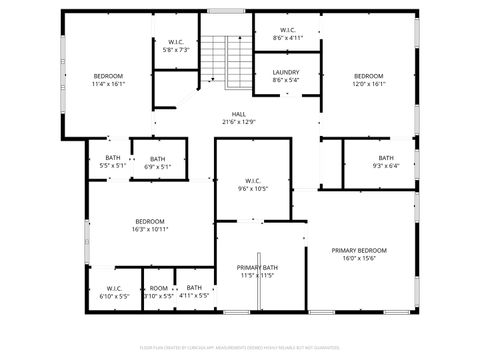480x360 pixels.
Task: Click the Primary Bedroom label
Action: (x=359, y=250)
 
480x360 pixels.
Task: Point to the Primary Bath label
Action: (x=257, y=267)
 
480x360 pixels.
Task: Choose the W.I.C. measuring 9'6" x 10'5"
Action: (x=252, y=181)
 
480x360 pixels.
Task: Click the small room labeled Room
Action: (x=159, y=288)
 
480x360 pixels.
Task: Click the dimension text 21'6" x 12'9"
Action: (x=239, y=122)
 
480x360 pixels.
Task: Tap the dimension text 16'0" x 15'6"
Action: (x=359, y=258)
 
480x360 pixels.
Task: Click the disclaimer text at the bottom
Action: (x=239, y=346)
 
